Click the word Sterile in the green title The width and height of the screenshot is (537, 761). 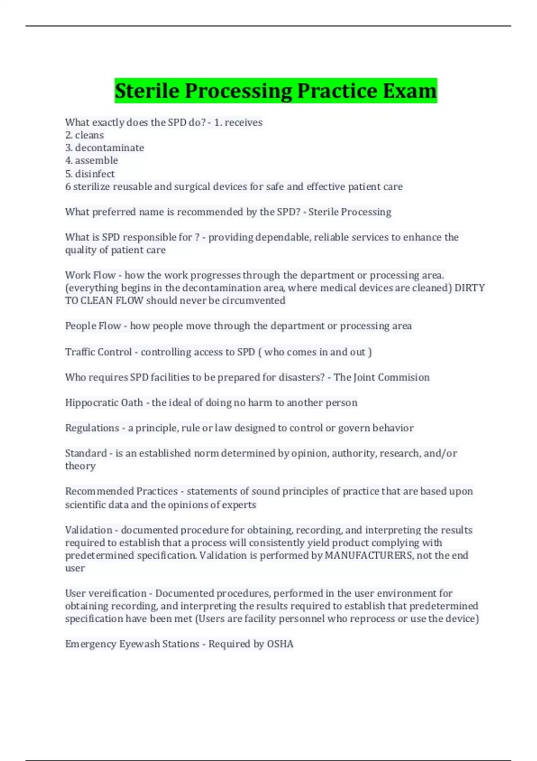pos(147,91)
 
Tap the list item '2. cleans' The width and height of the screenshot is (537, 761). pos(85,135)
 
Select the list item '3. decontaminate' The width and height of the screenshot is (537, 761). pos(105,148)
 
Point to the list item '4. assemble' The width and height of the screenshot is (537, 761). pos(92,161)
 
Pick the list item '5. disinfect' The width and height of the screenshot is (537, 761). pos(90,174)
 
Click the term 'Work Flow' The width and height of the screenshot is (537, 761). pos(90,275)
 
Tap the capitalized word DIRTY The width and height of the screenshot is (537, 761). pos(469,288)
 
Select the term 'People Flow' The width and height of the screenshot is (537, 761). pos(93,326)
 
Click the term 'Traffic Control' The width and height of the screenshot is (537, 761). pos(98,352)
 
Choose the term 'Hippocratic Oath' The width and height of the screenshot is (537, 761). pos(104,403)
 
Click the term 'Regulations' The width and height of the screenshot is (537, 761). pos(92,428)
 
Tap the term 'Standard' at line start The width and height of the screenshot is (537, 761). pos(86,453)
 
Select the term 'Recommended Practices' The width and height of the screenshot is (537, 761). pos(121,492)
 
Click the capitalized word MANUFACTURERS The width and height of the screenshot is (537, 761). pos(368,556)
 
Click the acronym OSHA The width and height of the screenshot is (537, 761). pos(280,644)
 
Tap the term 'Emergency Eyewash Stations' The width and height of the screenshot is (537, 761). pos(132,644)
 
